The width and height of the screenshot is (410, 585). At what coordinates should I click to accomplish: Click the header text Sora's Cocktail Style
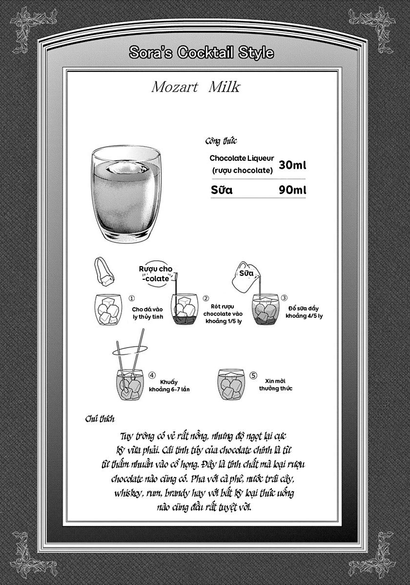[x=202, y=53]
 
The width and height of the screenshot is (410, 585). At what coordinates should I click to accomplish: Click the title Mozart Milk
[x=196, y=88]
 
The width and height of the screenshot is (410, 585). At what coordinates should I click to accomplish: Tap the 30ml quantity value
[x=292, y=165]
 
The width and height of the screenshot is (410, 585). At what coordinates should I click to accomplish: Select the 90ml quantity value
[x=292, y=190]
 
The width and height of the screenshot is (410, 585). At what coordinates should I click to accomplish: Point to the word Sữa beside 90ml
[x=222, y=190]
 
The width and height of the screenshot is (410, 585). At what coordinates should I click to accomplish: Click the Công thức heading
[x=221, y=141]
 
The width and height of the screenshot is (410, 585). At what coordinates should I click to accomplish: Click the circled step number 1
[x=131, y=298]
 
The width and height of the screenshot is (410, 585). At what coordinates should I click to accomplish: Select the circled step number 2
[x=206, y=298]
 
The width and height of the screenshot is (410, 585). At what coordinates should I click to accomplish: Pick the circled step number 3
[x=284, y=298]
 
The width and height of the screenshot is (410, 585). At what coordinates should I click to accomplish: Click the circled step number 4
[x=152, y=375]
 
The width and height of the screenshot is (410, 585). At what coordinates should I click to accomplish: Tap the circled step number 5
[x=253, y=375]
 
